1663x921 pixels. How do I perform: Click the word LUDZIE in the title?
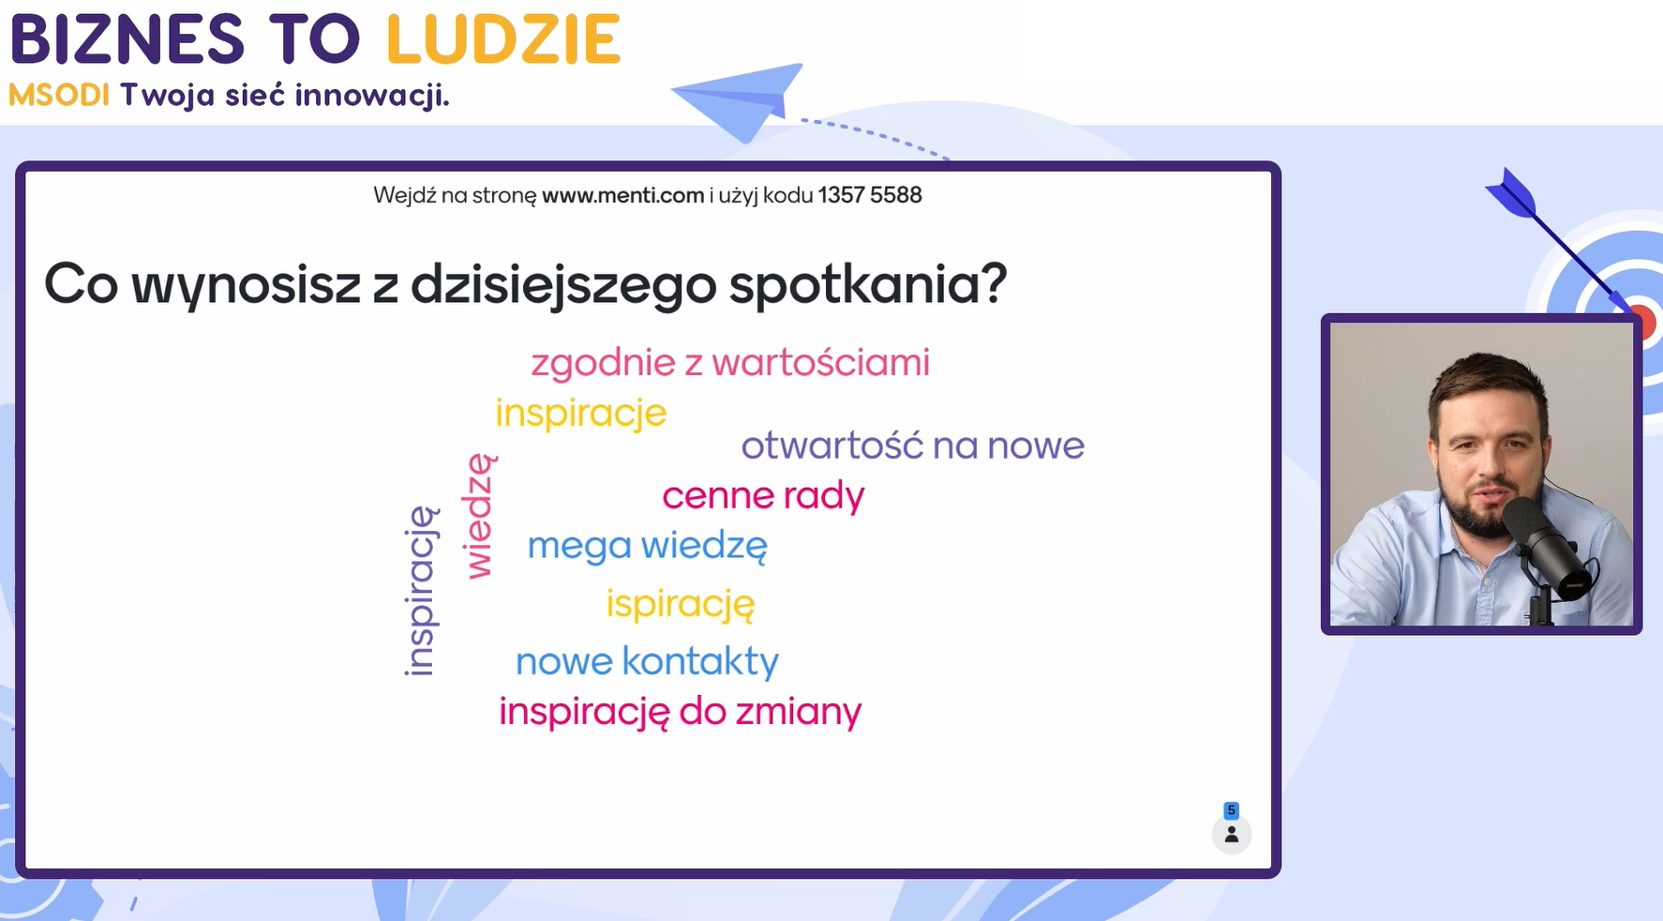pos(503,39)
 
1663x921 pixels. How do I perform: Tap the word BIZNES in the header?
pos(127,39)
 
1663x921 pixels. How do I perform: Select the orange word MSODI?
pos(59,95)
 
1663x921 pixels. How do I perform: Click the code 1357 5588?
pos(870,195)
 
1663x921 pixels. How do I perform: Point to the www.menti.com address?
pos(622,195)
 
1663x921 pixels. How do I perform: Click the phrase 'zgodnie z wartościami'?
pos(730,363)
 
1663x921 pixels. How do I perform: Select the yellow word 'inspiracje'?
pos(580,414)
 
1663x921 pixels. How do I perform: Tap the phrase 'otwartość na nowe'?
pos(912,445)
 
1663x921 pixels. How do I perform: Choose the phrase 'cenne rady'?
pos(763,496)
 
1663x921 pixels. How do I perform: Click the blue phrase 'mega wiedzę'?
pos(647,546)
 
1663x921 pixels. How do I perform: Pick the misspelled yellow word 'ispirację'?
pos(680,604)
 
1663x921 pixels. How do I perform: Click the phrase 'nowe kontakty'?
pos(647,661)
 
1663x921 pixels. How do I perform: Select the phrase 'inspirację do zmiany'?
pos(680,712)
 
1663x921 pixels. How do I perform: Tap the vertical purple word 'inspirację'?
pos(421,591)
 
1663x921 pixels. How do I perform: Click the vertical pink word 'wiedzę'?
pos(480,516)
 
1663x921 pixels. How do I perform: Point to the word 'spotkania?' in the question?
pos(868,284)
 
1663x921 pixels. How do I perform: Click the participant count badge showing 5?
pos(1232,810)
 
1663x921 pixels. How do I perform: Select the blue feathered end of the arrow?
pos(1511,192)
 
